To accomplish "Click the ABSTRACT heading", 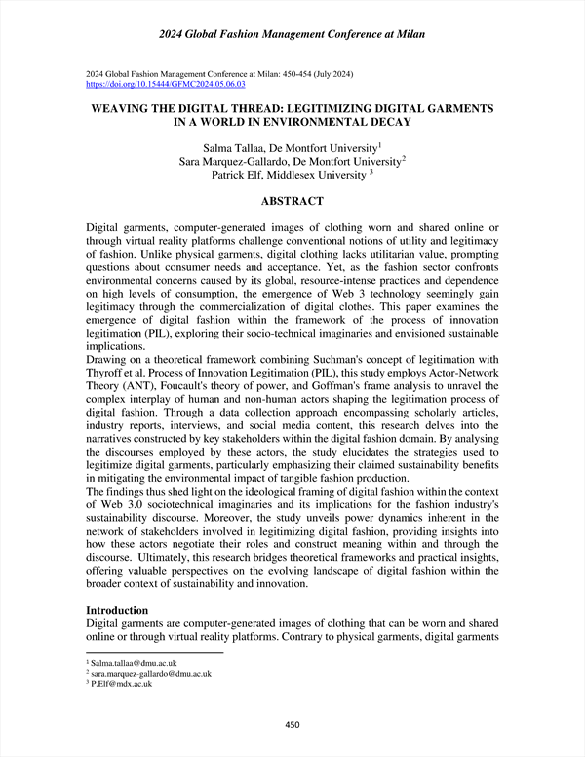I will point(292,201).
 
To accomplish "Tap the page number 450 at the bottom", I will point(292,724).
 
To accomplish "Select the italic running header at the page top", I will point(292,36).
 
